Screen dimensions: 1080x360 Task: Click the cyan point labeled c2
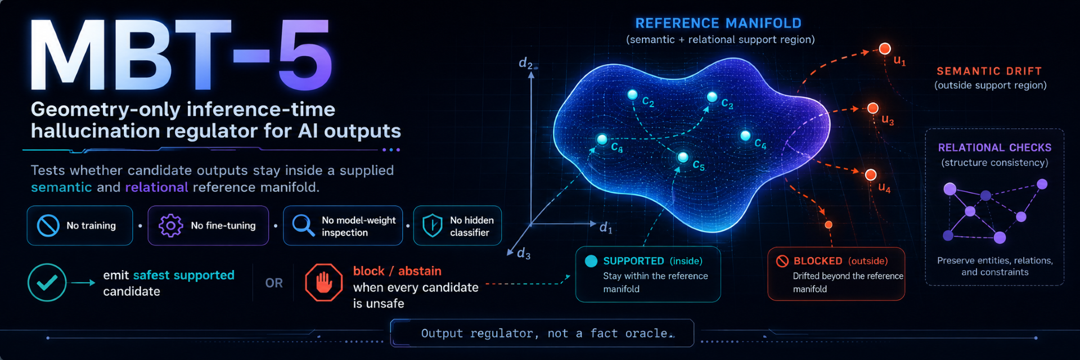pos(632,94)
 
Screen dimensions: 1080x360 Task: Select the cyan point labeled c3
pos(712,97)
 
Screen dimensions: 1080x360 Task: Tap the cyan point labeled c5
pos(683,157)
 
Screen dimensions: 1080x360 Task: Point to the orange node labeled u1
pos(885,48)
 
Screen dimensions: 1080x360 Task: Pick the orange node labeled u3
pos(873,108)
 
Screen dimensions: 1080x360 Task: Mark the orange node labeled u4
pos(871,175)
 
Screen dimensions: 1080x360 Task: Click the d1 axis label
pos(606,227)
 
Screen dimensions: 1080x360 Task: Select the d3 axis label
pos(524,254)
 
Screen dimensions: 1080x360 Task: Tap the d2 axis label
pos(526,63)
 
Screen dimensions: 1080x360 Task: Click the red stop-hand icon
pos(323,282)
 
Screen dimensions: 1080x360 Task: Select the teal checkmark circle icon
pos(47,282)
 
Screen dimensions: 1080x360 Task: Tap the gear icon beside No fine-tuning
pos(170,226)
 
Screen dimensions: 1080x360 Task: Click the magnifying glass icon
pos(303,226)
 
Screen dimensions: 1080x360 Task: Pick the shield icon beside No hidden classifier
pos(432,226)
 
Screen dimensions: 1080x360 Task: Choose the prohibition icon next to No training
pos(48,226)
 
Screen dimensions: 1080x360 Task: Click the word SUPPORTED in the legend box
pos(633,261)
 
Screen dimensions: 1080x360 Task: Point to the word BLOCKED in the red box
pos(818,261)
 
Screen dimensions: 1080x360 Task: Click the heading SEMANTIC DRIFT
pos(989,71)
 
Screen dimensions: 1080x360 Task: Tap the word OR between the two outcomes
pos(274,283)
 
